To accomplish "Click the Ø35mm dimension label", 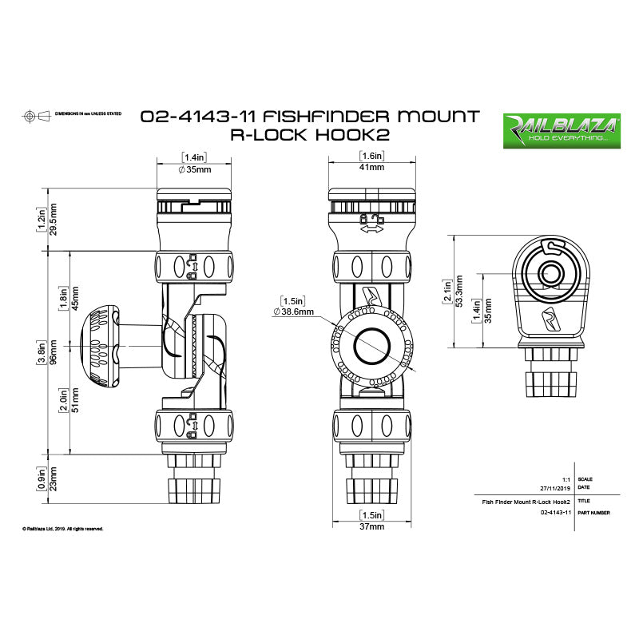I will coord(196,170).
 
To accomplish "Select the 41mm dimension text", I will coord(372,168).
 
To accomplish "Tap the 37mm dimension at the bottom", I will coord(372,527).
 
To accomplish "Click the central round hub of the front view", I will coord(372,345).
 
